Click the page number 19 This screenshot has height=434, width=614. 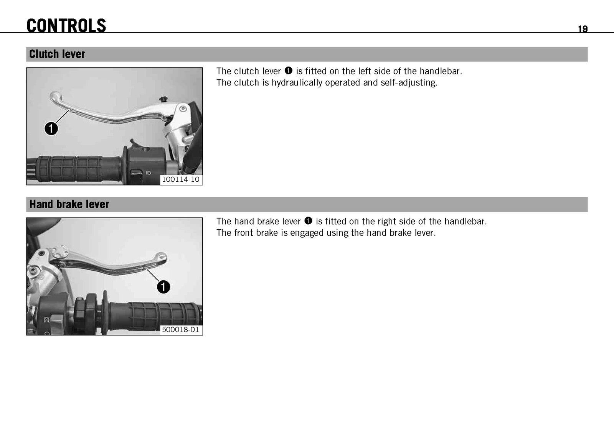583,29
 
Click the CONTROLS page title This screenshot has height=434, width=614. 66,26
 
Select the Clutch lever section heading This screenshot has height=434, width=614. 57,54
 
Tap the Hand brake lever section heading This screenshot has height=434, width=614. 69,204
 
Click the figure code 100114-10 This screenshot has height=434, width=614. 181,179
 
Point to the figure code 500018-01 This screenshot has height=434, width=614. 180,329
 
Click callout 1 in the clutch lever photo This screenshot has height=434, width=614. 51,129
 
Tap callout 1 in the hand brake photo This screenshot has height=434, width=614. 163,287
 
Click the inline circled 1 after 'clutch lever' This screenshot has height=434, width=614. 288,71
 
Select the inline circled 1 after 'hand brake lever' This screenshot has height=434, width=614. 308,221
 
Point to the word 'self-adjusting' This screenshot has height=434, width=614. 409,83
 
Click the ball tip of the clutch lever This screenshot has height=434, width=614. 55,96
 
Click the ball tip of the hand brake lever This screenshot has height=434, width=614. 161,257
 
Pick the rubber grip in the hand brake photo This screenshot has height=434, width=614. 156,317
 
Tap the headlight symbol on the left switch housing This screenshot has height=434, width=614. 149,173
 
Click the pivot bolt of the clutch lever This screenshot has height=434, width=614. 183,109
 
